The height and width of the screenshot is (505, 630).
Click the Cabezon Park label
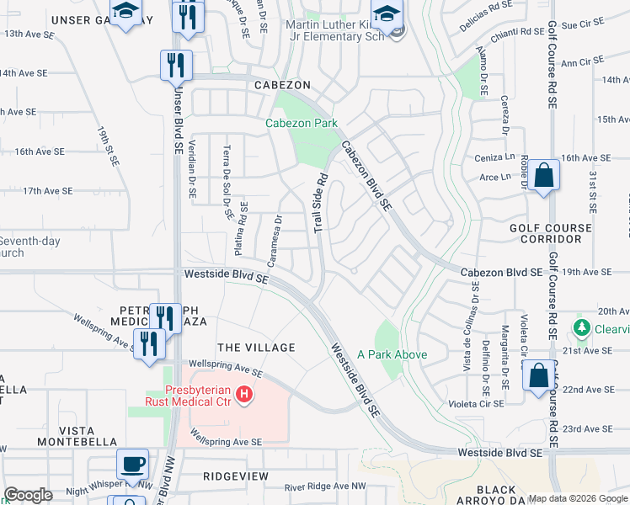pyautogui.click(x=302, y=123)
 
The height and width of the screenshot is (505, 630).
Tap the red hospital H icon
pyautogui.click(x=244, y=393)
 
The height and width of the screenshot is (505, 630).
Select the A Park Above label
pyautogui.click(x=392, y=354)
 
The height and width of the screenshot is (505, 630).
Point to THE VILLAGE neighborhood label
pyautogui.click(x=256, y=348)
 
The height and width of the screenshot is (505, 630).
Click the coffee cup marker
pyautogui.click(x=132, y=464)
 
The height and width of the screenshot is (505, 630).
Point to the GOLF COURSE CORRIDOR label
pyautogui.click(x=545, y=233)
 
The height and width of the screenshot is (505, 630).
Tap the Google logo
pyautogui.click(x=28, y=495)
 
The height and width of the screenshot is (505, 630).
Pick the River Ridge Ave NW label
pyautogui.click(x=325, y=486)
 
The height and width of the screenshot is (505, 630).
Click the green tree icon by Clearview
pyautogui.click(x=580, y=327)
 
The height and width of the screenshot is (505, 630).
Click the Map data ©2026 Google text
pyautogui.click(x=577, y=497)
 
